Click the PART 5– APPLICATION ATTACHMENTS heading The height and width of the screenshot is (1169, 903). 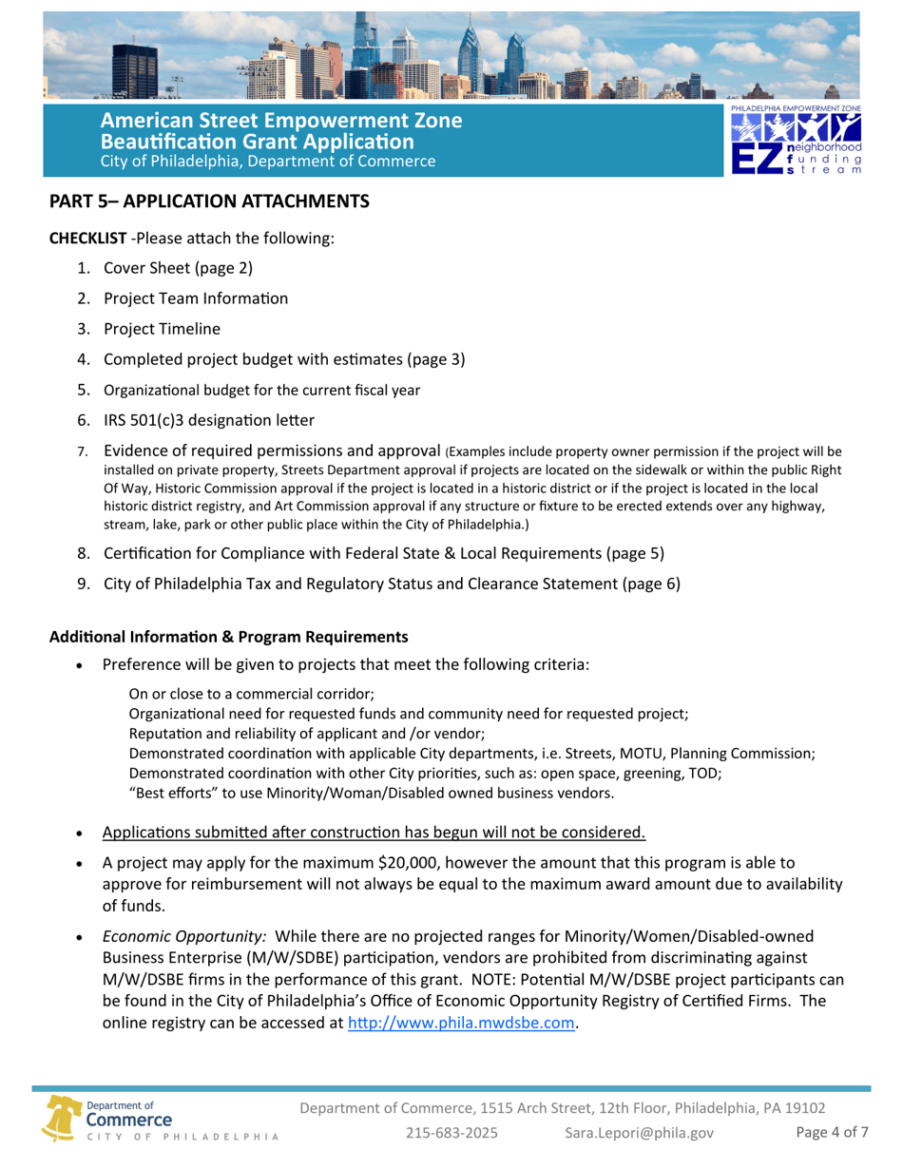pyautogui.click(x=209, y=201)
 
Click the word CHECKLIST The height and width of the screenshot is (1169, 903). pyautogui.click(x=87, y=237)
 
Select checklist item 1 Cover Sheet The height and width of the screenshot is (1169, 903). pyautogui.click(x=178, y=267)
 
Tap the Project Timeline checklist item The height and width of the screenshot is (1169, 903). pyautogui.click(x=162, y=329)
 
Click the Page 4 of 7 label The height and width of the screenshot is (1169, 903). pyautogui.click(x=832, y=1132)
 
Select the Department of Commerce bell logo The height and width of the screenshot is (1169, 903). pyautogui.click(x=63, y=1118)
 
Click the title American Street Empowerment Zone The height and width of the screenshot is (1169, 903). pyautogui.click(x=281, y=122)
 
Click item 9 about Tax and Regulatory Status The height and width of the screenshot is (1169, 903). pyautogui.click(x=392, y=584)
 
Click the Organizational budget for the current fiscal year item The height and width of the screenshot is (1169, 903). pyautogui.click(x=261, y=389)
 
